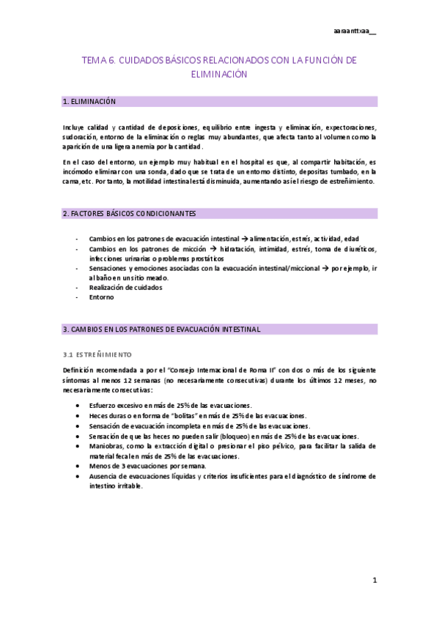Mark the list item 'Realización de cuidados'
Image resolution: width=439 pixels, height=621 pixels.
click(126, 287)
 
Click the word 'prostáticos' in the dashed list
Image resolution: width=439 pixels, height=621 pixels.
click(203, 259)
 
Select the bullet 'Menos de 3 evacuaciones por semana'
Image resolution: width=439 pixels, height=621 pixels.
click(148, 466)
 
